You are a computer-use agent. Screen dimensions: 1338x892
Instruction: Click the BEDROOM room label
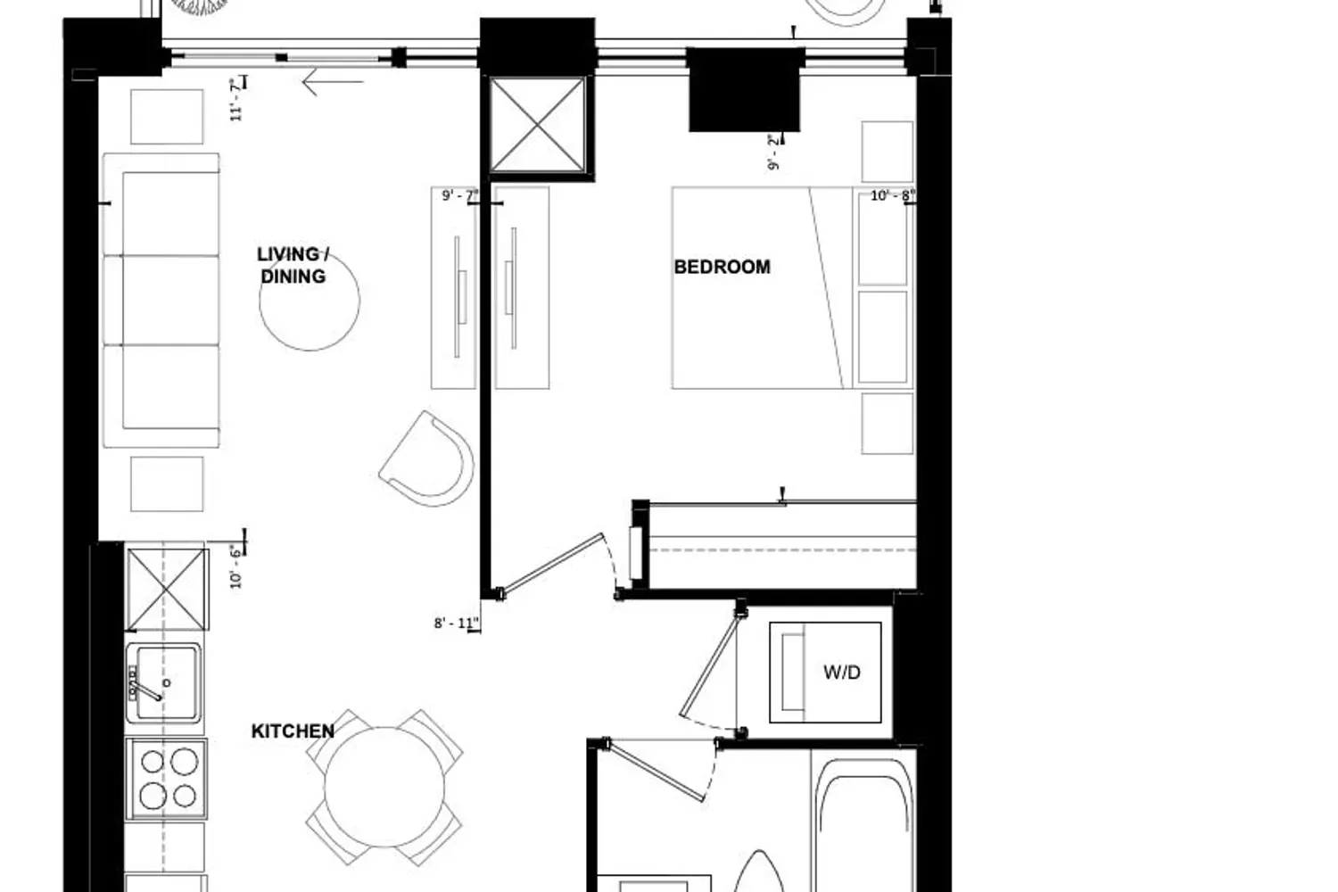click(723, 267)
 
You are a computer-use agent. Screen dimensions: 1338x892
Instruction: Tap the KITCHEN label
click(293, 731)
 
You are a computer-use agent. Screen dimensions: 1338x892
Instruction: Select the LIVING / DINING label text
click(293, 265)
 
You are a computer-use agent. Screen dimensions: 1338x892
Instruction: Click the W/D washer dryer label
click(842, 673)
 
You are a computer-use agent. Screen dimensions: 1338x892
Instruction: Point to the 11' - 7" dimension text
click(237, 99)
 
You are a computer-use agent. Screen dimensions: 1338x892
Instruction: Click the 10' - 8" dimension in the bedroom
click(893, 196)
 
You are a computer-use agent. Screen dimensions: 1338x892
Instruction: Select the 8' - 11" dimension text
click(457, 624)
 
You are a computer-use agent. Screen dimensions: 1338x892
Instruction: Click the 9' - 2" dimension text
click(775, 153)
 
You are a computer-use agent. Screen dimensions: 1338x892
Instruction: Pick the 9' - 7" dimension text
click(460, 196)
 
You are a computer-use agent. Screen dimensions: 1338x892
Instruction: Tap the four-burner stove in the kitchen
click(167, 779)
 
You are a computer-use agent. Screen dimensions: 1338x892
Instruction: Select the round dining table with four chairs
click(384, 787)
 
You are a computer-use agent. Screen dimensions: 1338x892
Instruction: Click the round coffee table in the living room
click(310, 301)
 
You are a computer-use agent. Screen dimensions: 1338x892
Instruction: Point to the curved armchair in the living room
click(427, 458)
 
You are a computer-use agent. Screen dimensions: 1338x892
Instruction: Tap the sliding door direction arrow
click(334, 82)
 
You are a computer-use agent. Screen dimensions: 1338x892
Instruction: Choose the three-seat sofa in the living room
click(161, 301)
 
